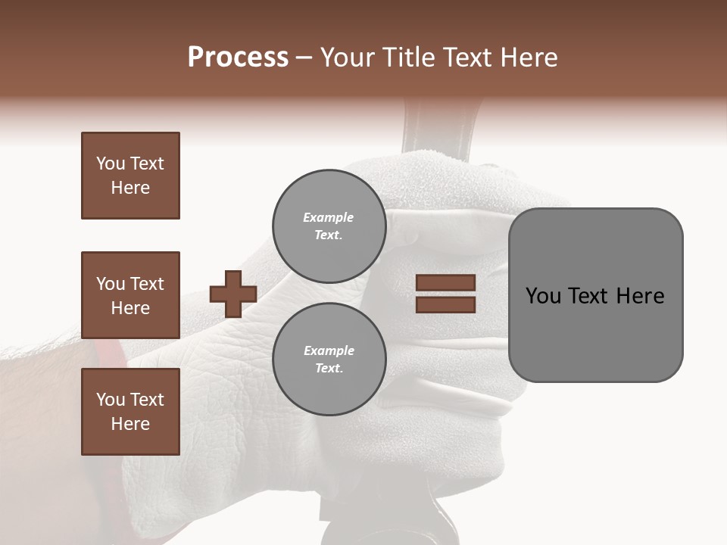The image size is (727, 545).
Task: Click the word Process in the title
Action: click(238, 58)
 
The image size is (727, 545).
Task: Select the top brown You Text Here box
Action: click(130, 176)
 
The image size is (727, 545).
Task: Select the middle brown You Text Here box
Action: click(130, 295)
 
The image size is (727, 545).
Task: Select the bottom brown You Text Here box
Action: click(130, 412)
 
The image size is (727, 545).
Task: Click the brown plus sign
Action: click(233, 294)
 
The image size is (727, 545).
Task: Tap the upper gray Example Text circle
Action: click(329, 226)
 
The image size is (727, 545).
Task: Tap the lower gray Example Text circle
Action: click(329, 359)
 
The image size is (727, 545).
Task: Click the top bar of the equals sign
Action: click(445, 283)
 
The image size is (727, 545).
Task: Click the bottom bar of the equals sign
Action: click(445, 304)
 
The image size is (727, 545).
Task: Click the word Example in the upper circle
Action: click(329, 217)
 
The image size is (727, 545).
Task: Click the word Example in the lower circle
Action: click(329, 350)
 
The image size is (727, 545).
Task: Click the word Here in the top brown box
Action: click(130, 188)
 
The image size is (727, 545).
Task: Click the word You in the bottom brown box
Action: click(111, 400)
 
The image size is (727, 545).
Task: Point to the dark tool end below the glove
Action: click(394, 522)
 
